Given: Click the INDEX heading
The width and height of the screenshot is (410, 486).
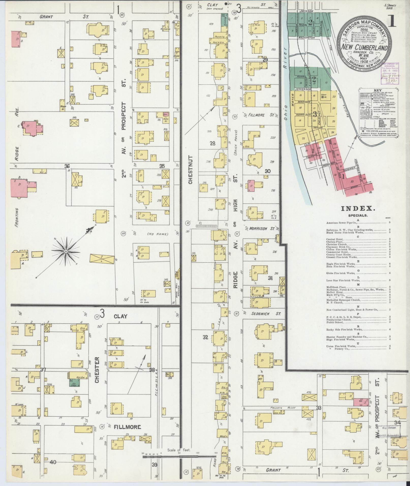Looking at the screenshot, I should tap(358, 209).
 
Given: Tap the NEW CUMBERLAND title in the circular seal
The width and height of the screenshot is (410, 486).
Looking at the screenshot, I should tap(363, 48).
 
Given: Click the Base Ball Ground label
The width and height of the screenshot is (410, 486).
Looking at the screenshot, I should tap(176, 286).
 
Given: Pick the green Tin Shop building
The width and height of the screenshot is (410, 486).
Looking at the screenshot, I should tap(74, 385).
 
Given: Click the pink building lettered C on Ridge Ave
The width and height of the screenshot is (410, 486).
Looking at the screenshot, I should tap(31, 128).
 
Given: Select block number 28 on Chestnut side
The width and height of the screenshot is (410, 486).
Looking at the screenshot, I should tap(212, 144).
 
